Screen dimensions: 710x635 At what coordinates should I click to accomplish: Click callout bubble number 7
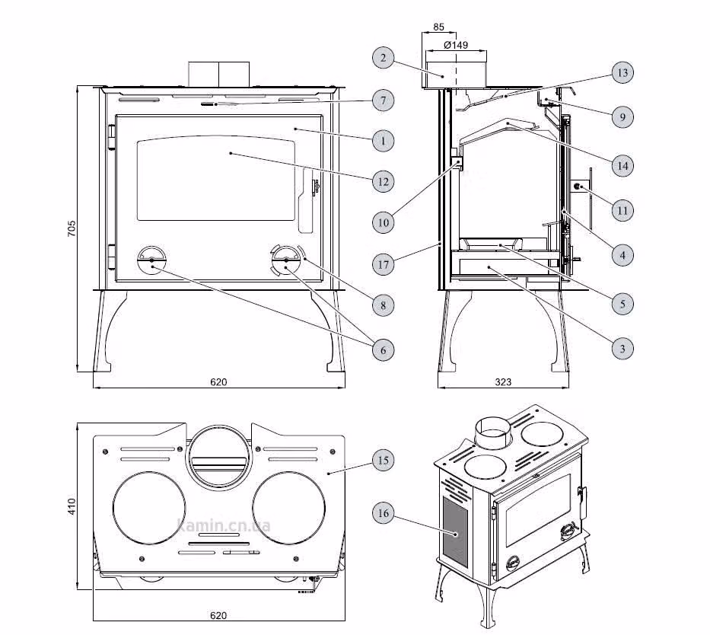coord(383,100)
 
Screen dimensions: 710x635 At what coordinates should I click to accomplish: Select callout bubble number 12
coord(383,182)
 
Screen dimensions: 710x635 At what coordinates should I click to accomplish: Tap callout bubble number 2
coord(383,58)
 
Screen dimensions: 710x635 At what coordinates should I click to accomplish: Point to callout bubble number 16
coord(383,513)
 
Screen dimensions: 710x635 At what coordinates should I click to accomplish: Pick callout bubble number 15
coord(383,460)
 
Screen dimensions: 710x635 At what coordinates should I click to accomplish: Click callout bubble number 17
coord(383,264)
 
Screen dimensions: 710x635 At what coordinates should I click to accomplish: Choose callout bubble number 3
coord(622,348)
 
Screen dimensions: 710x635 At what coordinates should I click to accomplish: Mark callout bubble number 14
coord(622,166)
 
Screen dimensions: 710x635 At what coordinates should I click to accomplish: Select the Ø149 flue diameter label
coord(456,45)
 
